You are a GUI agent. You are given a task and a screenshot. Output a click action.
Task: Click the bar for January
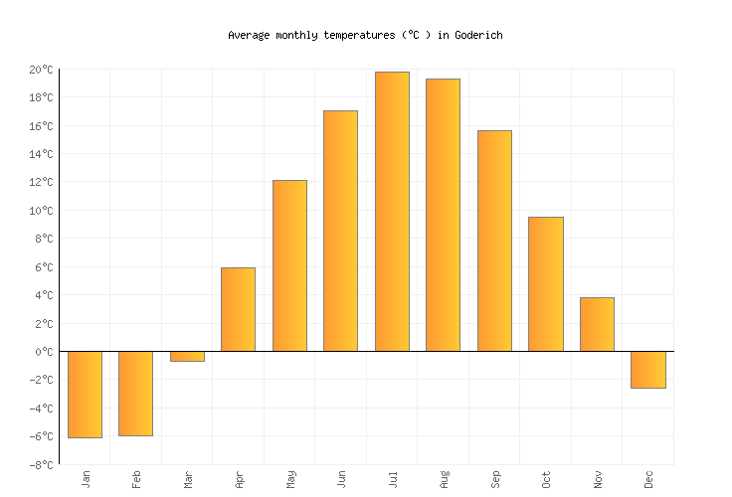[x=85, y=394]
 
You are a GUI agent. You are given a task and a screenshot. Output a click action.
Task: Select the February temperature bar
[x=135, y=393]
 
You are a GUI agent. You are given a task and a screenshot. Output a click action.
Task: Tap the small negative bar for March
[x=187, y=356]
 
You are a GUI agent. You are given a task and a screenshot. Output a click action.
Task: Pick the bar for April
[x=238, y=309]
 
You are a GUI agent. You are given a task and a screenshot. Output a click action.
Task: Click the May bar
[x=289, y=265]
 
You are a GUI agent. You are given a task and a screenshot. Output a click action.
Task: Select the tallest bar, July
[x=392, y=212]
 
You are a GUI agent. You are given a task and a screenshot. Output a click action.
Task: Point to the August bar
[x=443, y=215]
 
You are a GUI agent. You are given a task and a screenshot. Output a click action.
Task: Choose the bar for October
[x=545, y=283]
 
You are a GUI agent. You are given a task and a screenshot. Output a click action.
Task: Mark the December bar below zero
[x=647, y=369]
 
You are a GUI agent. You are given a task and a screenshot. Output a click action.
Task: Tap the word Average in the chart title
[x=249, y=35]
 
